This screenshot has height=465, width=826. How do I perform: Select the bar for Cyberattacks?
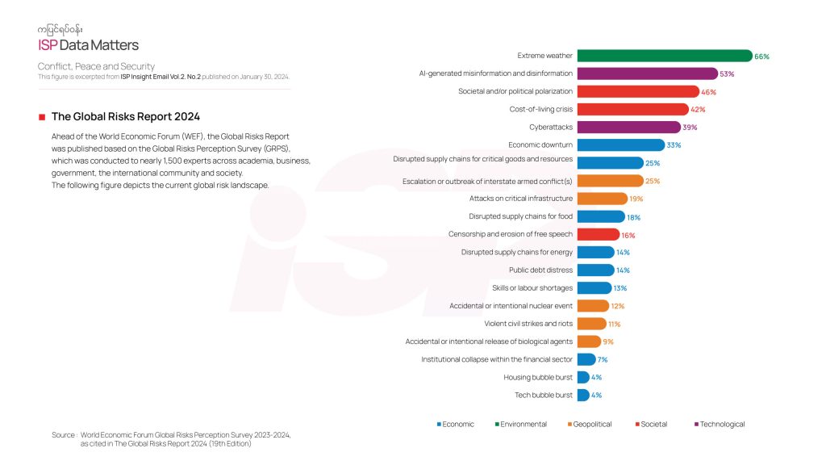click(628, 127)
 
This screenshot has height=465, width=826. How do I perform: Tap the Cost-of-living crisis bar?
click(632, 109)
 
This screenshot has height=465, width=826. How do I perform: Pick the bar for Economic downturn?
click(619, 145)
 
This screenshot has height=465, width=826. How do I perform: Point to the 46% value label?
click(708, 91)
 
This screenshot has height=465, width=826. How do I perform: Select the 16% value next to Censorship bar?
click(628, 234)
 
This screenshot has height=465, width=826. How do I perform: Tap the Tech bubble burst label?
click(544, 395)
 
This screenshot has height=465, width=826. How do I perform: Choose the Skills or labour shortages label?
click(532, 287)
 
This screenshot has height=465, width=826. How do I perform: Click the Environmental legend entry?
click(523, 424)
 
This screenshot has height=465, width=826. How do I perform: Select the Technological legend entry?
click(722, 424)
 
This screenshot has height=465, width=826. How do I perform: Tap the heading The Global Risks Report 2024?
click(126, 116)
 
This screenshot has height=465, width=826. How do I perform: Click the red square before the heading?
click(41, 117)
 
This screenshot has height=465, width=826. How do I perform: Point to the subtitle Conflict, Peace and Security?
click(96, 66)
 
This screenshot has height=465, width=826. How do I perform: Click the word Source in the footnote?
click(64, 434)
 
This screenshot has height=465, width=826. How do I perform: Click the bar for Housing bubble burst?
click(582, 377)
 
